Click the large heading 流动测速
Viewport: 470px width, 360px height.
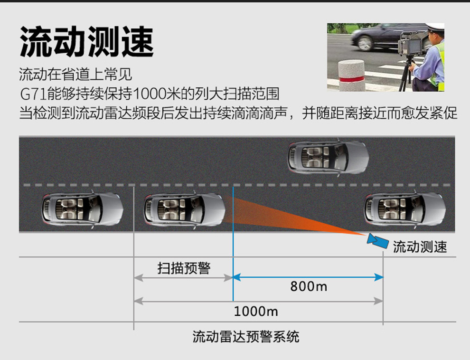[86, 41]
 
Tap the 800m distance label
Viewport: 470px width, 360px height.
[309, 286]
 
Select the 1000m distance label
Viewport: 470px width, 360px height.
[256, 312]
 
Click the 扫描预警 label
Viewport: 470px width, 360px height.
[184, 268]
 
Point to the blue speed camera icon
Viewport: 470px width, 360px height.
[378, 240]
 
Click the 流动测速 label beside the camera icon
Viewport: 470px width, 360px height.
[420, 246]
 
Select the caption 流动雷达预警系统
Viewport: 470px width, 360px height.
[246, 336]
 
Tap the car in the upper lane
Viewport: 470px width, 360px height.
[328, 157]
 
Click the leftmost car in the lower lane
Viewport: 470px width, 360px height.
[82, 210]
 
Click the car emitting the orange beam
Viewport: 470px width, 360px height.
[184, 210]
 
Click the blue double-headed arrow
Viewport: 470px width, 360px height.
[308, 277]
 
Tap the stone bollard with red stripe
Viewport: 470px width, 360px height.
[352, 76]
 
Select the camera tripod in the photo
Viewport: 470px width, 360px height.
[407, 74]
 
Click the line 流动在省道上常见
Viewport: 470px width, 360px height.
[75, 74]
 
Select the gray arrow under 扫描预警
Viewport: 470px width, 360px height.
[183, 278]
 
